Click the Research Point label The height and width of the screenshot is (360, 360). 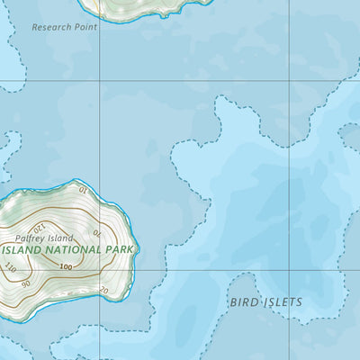pyautogui.click(x=64, y=27)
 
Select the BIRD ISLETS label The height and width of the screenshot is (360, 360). pyautogui.click(x=265, y=302)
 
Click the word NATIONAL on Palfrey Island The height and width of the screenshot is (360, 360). pyautogui.click(x=75, y=248)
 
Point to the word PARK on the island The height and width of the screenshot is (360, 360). pyautogui.click(x=121, y=248)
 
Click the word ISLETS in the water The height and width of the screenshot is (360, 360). pyautogui.click(x=282, y=302)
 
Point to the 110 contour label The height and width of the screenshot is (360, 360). pyautogui.click(x=11, y=267)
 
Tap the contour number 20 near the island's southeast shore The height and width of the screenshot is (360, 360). pyautogui.click(x=104, y=290)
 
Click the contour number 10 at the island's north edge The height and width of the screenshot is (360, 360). pyautogui.click(x=83, y=190)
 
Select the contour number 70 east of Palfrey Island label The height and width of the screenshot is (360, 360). pyautogui.click(x=97, y=233)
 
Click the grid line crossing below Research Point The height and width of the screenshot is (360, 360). pyautogui.click(x=99, y=81)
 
